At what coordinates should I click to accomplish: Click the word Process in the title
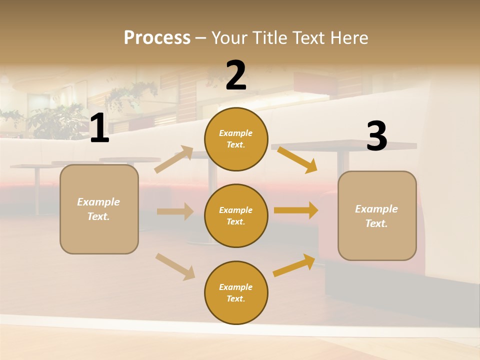tap(157, 38)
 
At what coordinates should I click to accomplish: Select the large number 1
tap(99, 128)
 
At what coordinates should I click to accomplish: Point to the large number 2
tap(236, 75)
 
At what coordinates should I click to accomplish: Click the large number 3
tap(377, 136)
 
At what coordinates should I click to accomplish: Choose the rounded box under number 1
tap(99, 209)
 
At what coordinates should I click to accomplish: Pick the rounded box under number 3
tap(377, 215)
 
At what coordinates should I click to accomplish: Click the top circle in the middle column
tap(236, 139)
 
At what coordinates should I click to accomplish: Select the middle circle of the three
tap(236, 215)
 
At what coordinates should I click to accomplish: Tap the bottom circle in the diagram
tap(236, 292)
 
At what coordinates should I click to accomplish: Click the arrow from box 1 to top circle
tap(174, 159)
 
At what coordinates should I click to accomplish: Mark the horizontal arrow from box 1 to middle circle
tap(175, 211)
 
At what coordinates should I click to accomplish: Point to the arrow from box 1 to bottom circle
tap(175, 266)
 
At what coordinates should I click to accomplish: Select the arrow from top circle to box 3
tap(297, 159)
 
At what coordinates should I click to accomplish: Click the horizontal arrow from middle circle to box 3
tap(296, 210)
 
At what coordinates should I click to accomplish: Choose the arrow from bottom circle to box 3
tap(294, 265)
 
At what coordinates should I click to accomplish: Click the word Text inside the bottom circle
tap(235, 298)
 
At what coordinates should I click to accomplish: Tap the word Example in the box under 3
tap(376, 209)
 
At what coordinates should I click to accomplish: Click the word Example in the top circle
tap(235, 133)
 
